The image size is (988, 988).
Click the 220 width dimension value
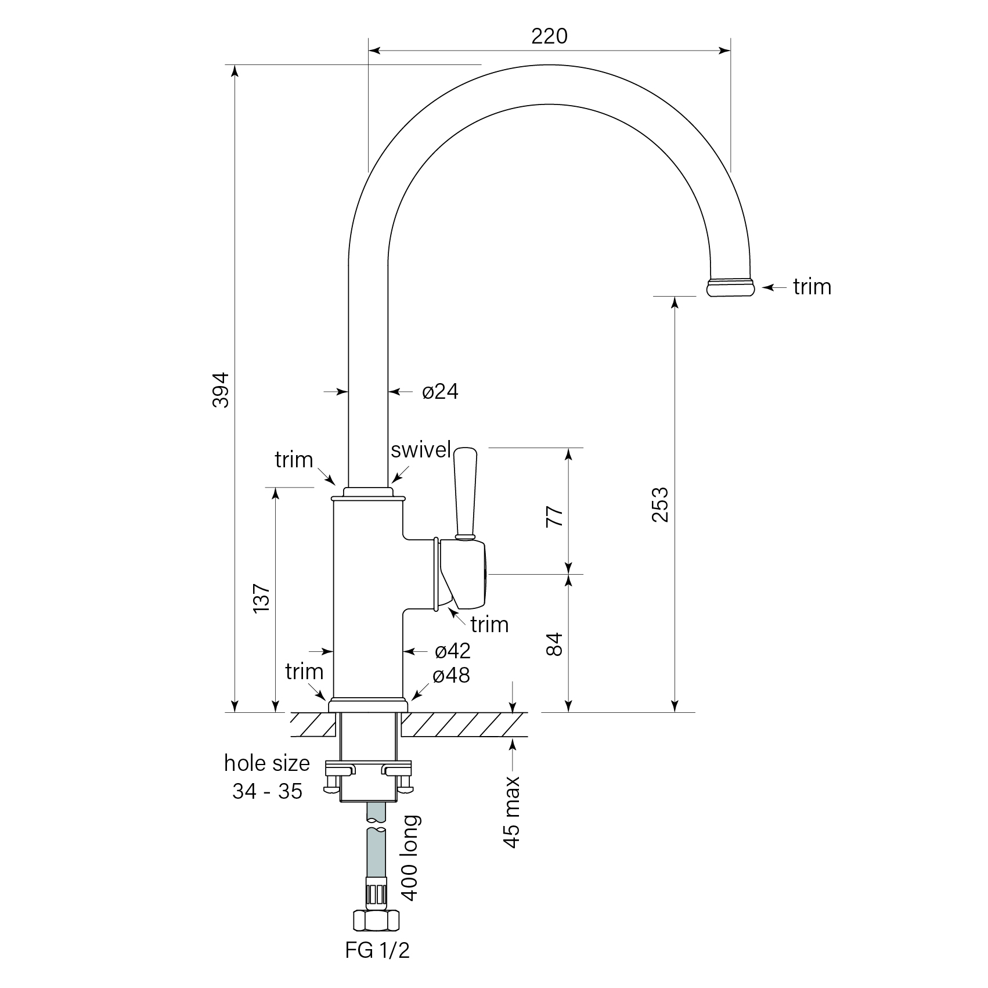click(549, 37)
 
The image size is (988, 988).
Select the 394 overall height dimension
click(221, 390)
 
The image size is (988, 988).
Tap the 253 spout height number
click(660, 504)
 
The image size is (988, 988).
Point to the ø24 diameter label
click(440, 392)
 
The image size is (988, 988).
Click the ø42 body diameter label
click(452, 651)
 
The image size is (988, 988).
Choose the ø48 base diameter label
click(451, 675)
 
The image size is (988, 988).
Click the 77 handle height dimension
click(555, 515)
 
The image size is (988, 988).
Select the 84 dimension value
click(555, 644)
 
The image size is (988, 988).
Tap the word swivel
click(421, 450)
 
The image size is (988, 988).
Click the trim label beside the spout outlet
click(812, 287)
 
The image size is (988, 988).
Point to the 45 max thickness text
click(512, 812)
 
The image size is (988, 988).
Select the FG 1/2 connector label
click(377, 950)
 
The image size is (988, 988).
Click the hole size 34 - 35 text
click(267, 777)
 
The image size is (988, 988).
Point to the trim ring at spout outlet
click(731, 287)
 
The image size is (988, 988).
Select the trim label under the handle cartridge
click(489, 625)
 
